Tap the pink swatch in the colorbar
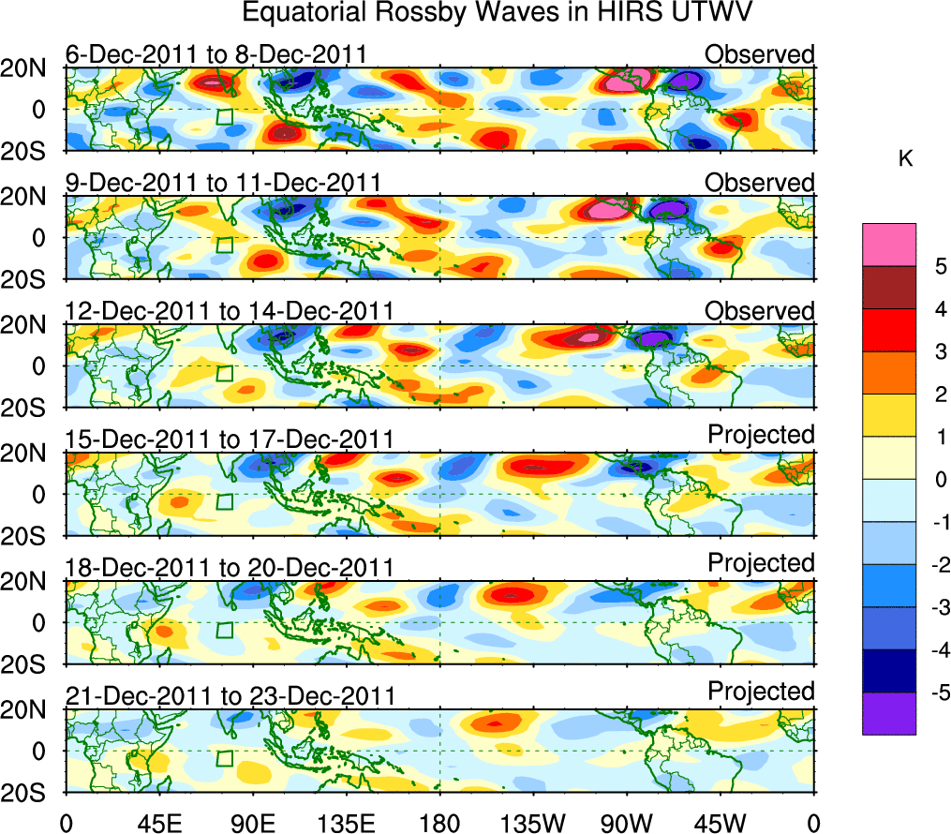coord(888,245)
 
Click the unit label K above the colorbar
coord(905,160)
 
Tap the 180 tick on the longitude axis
coord(439,822)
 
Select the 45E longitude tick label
coord(157,822)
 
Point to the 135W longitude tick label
coord(534,822)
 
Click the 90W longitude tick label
coord(627,822)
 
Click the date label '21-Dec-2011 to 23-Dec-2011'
coord(230,695)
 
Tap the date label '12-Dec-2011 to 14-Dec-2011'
coord(230,311)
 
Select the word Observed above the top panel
coord(760,54)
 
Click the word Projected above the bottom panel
coord(761,692)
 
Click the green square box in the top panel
coord(224,116)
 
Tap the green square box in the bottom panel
coord(224,757)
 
